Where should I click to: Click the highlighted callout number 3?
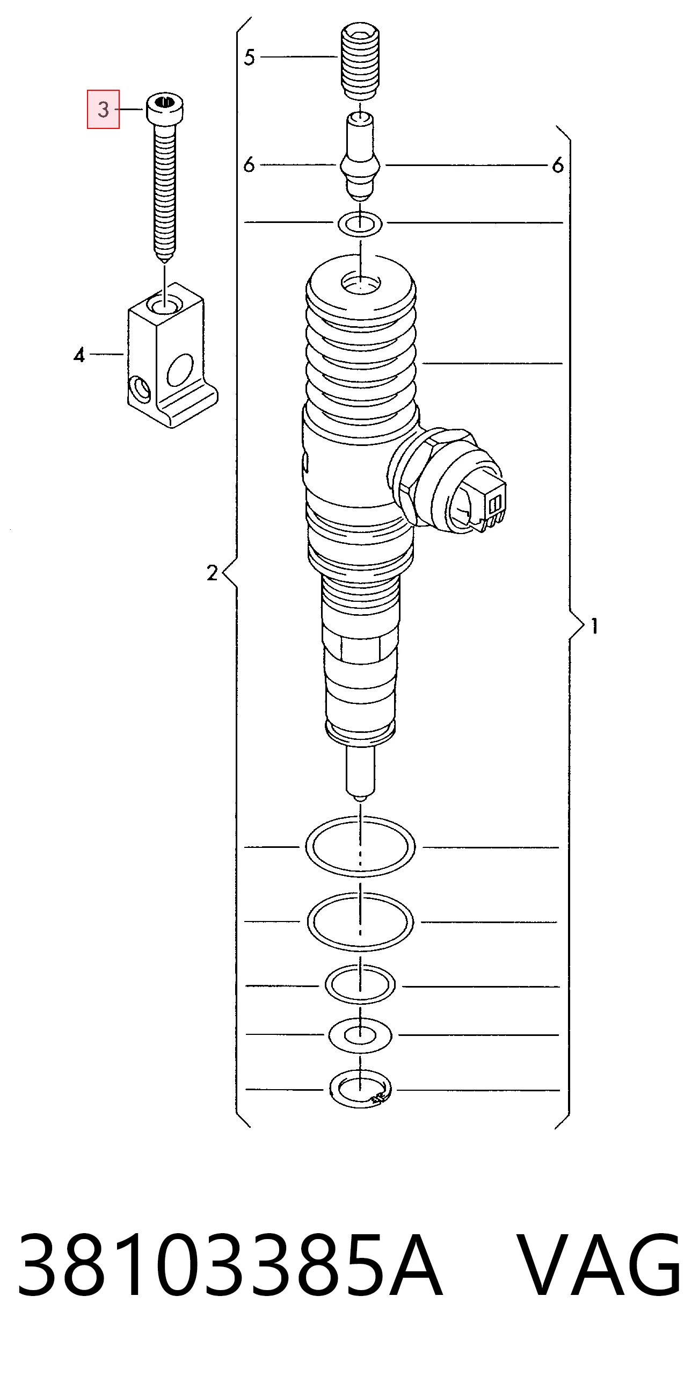(x=103, y=110)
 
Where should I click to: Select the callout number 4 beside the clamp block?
(x=79, y=355)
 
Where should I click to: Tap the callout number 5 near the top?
(x=249, y=57)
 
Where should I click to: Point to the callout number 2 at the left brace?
(x=212, y=573)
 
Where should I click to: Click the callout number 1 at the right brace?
(x=594, y=626)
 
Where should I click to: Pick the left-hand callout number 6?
(x=249, y=164)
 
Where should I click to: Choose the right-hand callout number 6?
(x=558, y=165)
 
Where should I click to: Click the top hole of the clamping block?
(x=165, y=306)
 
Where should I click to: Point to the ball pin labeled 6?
(x=360, y=156)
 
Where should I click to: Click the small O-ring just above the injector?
(x=360, y=224)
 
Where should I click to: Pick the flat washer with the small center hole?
(x=360, y=1035)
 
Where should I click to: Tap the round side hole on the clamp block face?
(x=179, y=370)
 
